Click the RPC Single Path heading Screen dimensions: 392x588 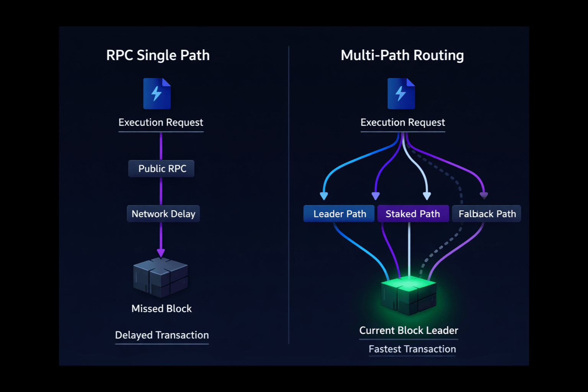pyautogui.click(x=158, y=56)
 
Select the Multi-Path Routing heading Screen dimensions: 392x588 pyautogui.click(x=402, y=56)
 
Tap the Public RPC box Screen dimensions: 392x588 pyautogui.click(x=162, y=169)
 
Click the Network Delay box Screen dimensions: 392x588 pyautogui.click(x=163, y=214)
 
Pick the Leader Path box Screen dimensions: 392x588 pyautogui.click(x=339, y=214)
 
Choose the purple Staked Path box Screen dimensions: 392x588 pyautogui.click(x=413, y=214)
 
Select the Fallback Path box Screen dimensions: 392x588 pyautogui.click(x=487, y=214)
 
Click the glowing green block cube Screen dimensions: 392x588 pyautogui.click(x=408, y=296)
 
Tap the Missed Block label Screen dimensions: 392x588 pyautogui.click(x=161, y=309)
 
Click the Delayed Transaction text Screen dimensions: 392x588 pyautogui.click(x=162, y=335)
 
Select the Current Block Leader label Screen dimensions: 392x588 pyautogui.click(x=408, y=330)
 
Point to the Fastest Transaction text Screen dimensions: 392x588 pyautogui.click(x=412, y=349)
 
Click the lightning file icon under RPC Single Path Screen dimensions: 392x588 pyautogui.click(x=157, y=94)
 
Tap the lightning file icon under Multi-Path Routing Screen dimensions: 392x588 pyautogui.click(x=401, y=94)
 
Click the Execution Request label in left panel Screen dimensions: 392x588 pyautogui.click(x=161, y=122)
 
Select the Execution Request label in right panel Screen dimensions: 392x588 pyautogui.click(x=402, y=122)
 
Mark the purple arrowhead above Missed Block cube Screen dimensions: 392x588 pyautogui.click(x=161, y=253)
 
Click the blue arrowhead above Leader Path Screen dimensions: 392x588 pyautogui.click(x=324, y=196)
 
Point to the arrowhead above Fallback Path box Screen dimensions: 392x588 pyautogui.click(x=484, y=196)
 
